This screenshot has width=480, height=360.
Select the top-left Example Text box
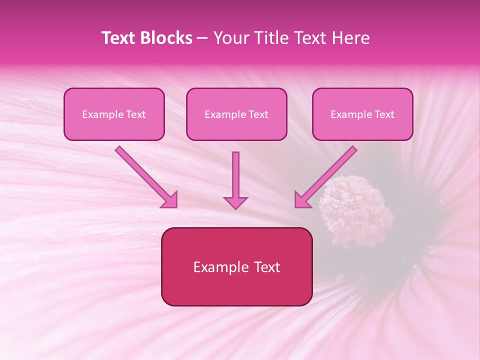pyautogui.click(x=114, y=114)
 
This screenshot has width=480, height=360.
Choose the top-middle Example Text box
pyautogui.click(x=236, y=114)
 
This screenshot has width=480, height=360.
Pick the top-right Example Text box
pyautogui.click(x=362, y=114)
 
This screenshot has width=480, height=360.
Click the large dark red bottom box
pyautogui.click(x=236, y=267)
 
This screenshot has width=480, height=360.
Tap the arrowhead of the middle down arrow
pyautogui.click(x=235, y=202)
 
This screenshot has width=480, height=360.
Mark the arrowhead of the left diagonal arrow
pyautogui.click(x=169, y=200)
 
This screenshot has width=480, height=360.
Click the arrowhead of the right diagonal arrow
pyautogui.click(x=302, y=200)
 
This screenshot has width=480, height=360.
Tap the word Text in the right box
pyautogui.click(x=384, y=114)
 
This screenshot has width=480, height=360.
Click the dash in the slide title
pyautogui.click(x=202, y=38)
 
